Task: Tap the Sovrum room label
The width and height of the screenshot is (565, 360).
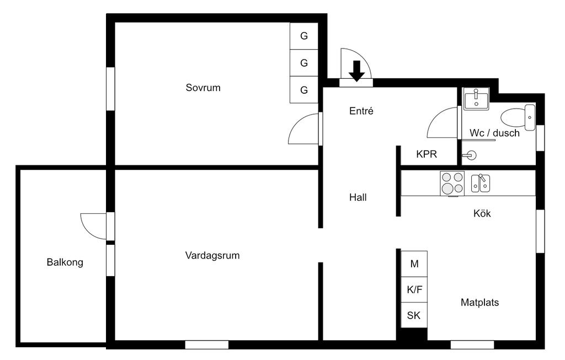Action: coord(203,88)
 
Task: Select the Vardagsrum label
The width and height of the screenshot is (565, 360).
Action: coord(212,256)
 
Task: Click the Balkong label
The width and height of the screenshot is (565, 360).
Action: coord(65,262)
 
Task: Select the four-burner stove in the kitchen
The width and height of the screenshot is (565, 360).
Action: coord(452,183)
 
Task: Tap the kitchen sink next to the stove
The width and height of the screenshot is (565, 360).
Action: coord(481,183)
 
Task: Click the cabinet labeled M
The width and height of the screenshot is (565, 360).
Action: coord(414,264)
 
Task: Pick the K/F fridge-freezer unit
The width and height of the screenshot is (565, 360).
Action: coord(414,290)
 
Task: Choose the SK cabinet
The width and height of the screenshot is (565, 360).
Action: coord(414,316)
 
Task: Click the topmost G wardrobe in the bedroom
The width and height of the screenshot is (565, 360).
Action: coord(304,36)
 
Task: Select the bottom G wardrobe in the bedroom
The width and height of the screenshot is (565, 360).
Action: coord(304,90)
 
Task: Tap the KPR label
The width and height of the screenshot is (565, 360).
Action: coord(427,155)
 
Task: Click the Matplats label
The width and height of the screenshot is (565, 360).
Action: coord(480,303)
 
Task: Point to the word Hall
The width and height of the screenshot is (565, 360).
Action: coord(358,197)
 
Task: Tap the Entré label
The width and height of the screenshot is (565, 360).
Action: coord(361,111)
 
